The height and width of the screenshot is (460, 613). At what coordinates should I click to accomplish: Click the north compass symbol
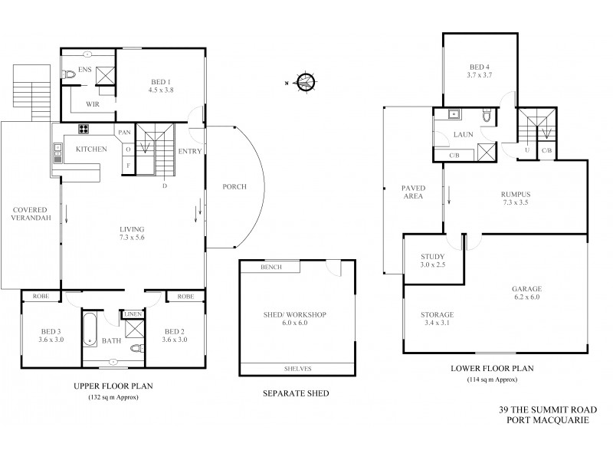[306, 80]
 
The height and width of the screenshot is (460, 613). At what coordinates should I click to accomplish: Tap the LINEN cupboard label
[132, 314]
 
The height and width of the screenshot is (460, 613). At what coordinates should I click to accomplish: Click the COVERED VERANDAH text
[30, 214]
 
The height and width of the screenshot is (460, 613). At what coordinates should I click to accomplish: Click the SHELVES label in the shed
[297, 369]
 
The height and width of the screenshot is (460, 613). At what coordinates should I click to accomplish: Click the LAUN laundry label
[461, 134]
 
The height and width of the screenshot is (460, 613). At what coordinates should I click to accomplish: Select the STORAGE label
[438, 314]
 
